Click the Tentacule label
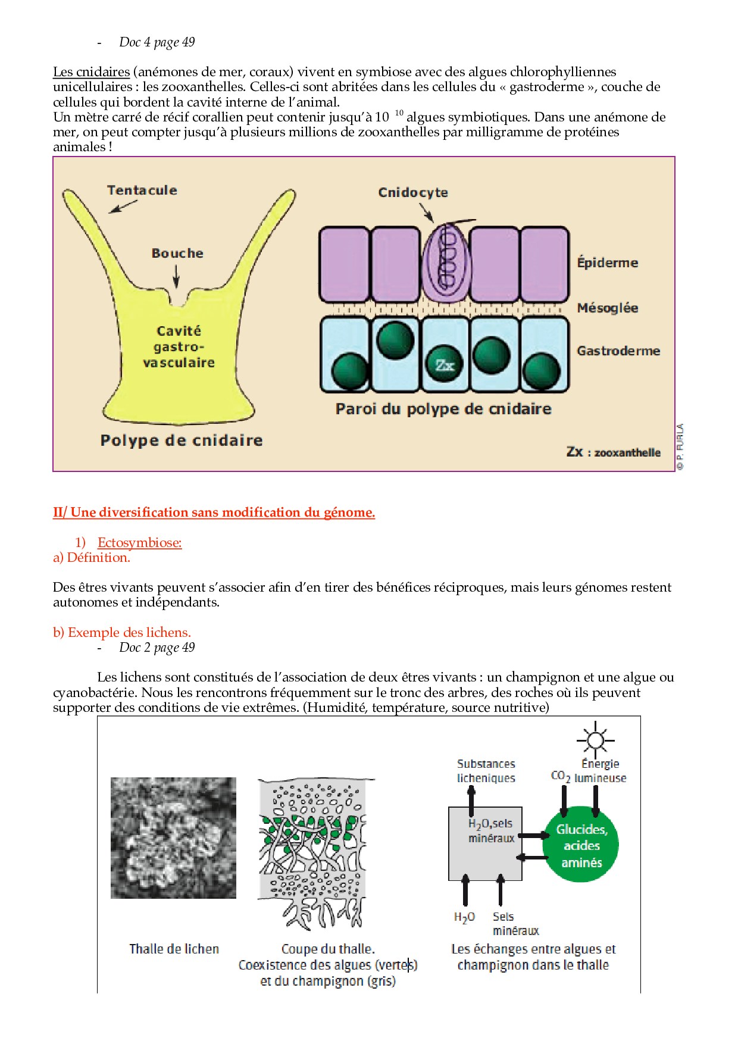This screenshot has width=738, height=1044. pyautogui.click(x=142, y=190)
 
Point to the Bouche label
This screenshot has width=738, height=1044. pyautogui.click(x=177, y=254)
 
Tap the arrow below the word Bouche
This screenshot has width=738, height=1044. pyautogui.click(x=176, y=276)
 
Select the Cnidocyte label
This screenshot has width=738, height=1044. pyautogui.click(x=413, y=193)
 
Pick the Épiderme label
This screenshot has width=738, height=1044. pyautogui.click(x=607, y=262)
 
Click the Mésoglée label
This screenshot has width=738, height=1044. pyautogui.click(x=607, y=308)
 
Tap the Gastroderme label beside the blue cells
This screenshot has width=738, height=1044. pyautogui.click(x=618, y=351)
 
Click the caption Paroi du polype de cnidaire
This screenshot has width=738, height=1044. pyautogui.click(x=443, y=409)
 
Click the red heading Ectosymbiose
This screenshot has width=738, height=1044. pyautogui.click(x=139, y=543)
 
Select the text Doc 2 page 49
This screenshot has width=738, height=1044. pyautogui.click(x=157, y=648)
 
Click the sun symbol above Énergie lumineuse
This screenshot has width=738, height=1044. pyautogui.click(x=595, y=740)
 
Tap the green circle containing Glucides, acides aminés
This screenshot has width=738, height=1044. pyautogui.click(x=581, y=845)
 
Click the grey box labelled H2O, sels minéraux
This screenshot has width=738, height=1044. pyautogui.click(x=485, y=844)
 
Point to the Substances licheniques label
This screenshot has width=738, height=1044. pyautogui.click(x=486, y=771)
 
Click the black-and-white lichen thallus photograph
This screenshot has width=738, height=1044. pyautogui.click(x=173, y=837)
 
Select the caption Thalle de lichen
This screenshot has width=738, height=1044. pyautogui.click(x=174, y=949)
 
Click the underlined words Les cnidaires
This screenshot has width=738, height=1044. pyautogui.click(x=91, y=72)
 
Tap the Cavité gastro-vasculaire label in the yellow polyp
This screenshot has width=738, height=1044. pyautogui.click(x=179, y=346)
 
